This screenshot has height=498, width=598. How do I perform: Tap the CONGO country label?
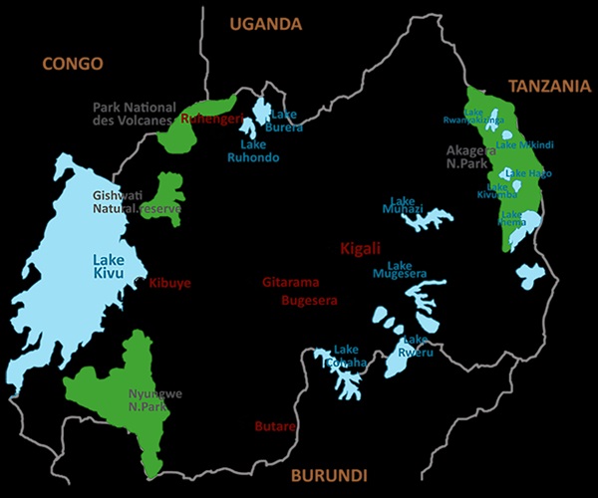pyautogui.click(x=72, y=64)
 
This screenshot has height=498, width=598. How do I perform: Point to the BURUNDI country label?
pyautogui.click(x=328, y=475)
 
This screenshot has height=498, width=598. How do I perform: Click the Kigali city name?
pyautogui.click(x=361, y=248)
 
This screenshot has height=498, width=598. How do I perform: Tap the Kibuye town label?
pyautogui.click(x=169, y=283)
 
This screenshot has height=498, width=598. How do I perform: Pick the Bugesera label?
pyautogui.click(x=310, y=300)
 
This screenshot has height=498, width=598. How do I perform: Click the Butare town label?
pyautogui.click(x=274, y=427)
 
